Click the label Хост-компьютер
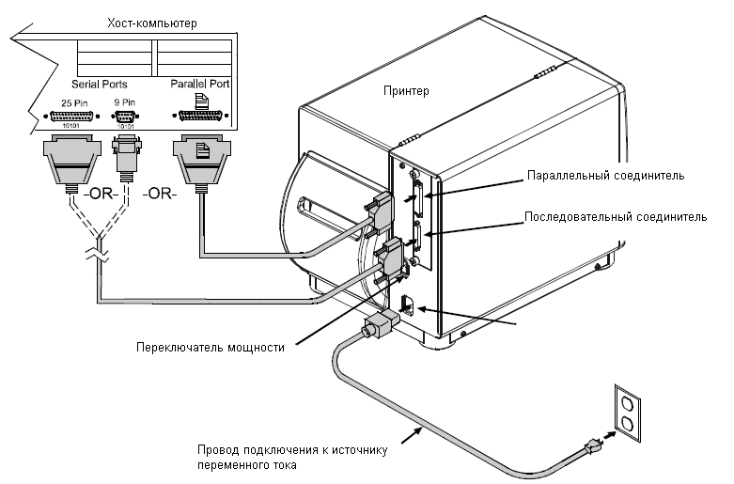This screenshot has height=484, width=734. click(152, 23)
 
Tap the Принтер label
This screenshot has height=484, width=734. click(406, 91)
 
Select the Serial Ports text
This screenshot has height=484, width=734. click(100, 85)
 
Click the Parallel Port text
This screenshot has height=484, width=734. click(200, 84)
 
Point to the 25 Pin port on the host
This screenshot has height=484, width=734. click(71, 117)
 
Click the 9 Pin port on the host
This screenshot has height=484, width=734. click(125, 117)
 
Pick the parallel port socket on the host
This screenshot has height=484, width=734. click(200, 116)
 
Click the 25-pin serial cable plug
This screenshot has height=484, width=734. click(72, 164)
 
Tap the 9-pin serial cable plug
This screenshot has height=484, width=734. click(125, 159)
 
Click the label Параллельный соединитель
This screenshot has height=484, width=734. click(606, 176)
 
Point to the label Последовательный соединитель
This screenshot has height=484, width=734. click(616, 217)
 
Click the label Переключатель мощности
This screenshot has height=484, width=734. click(211, 348)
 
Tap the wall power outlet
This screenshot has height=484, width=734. click(627, 414)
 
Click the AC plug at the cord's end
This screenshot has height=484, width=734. click(592, 446)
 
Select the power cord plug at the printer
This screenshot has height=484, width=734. click(380, 324)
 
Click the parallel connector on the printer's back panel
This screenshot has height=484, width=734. click(418, 198)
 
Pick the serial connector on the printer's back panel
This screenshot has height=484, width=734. click(418, 240)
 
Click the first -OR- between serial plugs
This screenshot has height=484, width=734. click(101, 193)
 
